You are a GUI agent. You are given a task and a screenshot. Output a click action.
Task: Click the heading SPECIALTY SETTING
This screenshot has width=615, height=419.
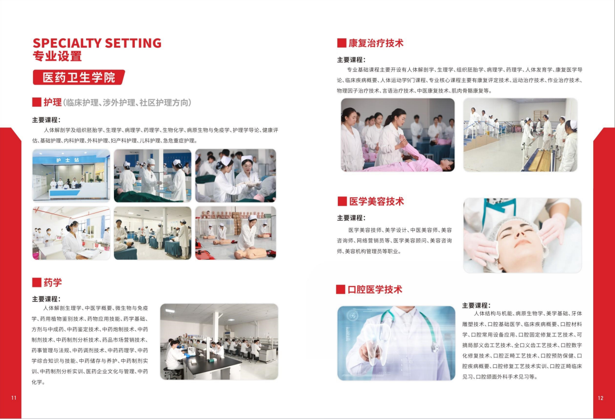click(x=97, y=43)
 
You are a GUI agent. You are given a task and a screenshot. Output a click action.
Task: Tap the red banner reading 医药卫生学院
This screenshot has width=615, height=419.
click(x=79, y=77)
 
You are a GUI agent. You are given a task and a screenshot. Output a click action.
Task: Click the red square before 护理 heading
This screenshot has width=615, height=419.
click(x=36, y=102)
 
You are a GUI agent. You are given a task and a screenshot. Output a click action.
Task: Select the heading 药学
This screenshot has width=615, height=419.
click(x=52, y=282)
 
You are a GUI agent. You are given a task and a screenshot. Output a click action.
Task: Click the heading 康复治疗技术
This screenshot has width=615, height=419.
click(x=375, y=43)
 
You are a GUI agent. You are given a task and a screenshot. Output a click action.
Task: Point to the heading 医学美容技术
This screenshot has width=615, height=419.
click(x=376, y=201)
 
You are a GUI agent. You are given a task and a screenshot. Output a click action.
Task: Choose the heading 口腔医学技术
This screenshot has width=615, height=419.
click(x=375, y=289)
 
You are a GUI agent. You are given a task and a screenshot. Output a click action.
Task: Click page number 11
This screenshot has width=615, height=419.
click(x=14, y=398)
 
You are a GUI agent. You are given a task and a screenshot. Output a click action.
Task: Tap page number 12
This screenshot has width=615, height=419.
click(x=600, y=398)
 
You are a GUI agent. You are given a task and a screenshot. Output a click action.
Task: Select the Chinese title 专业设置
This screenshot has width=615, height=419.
click(x=57, y=56)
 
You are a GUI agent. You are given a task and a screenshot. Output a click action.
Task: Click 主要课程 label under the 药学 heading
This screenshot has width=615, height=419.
click(x=46, y=299)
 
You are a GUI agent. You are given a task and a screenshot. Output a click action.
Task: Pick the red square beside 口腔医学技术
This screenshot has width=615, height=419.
click(x=340, y=289)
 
